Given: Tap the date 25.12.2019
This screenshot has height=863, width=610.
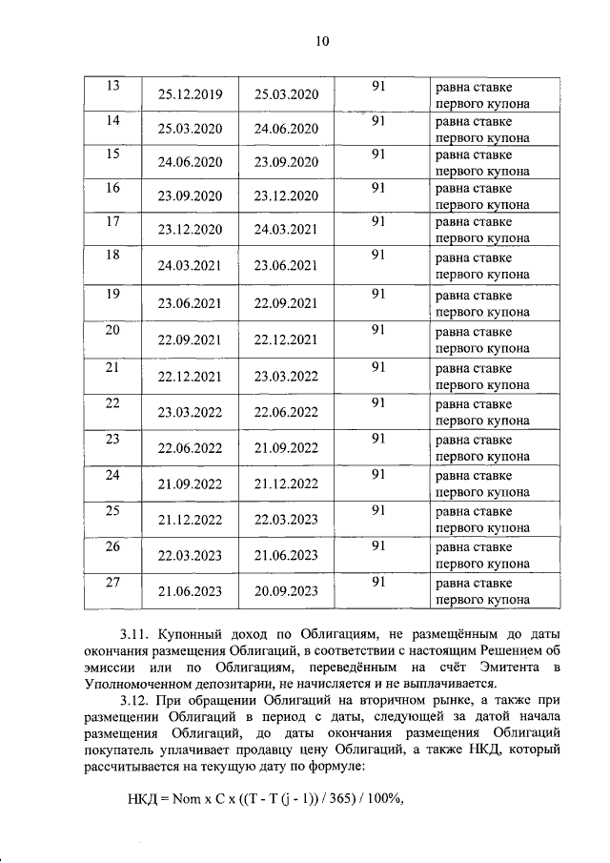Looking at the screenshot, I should point(190,94).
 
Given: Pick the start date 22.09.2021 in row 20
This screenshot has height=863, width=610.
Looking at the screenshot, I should point(190,339).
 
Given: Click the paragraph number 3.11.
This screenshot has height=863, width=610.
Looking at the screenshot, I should point(138,634).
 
